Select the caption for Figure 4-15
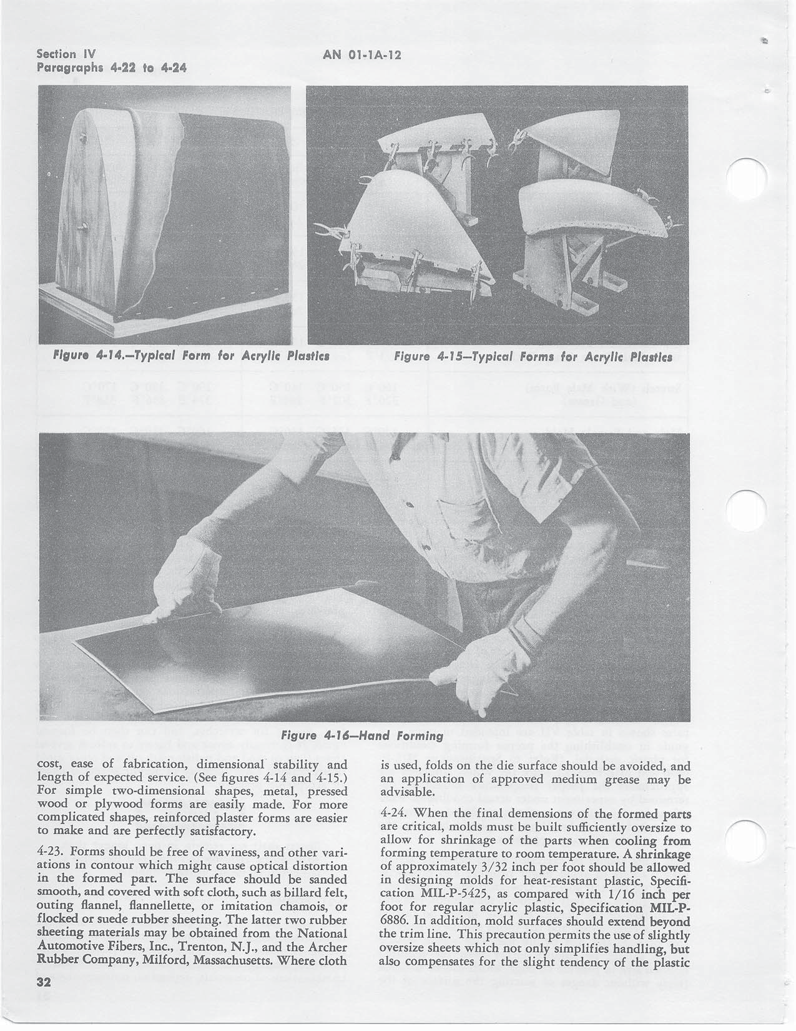533,358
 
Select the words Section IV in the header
65,54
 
